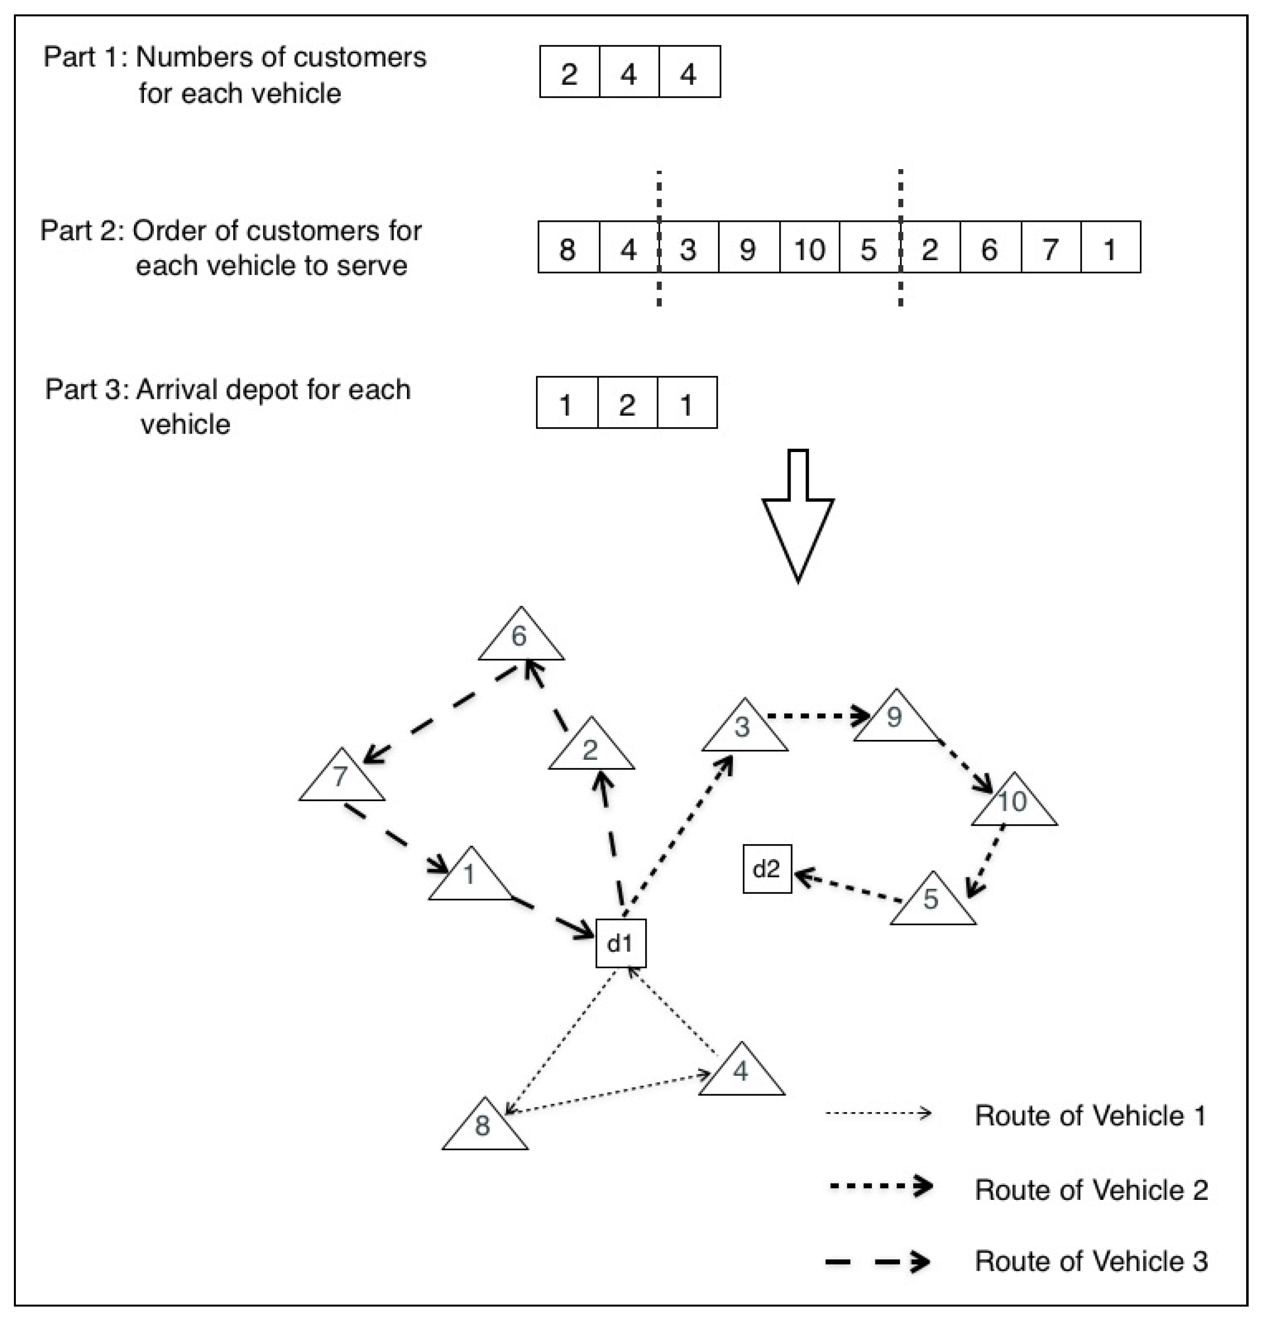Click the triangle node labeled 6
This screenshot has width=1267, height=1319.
tap(520, 638)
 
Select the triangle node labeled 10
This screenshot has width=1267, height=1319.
tap(1014, 803)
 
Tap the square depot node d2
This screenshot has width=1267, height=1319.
tap(767, 869)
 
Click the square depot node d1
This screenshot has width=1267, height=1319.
tap(620, 943)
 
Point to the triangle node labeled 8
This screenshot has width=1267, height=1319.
tap(484, 1128)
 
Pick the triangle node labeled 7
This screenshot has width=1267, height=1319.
tap(341, 779)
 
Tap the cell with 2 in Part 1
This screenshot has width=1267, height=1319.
tap(569, 72)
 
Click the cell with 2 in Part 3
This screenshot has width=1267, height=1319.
tap(627, 402)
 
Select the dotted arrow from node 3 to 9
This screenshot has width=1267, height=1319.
tap(817, 716)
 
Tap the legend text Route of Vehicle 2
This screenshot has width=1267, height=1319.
tap(1091, 1190)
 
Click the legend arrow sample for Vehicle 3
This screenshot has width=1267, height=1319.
tap(878, 1261)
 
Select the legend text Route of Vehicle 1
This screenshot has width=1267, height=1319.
tap(1090, 1115)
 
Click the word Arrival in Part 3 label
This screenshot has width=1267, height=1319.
tap(174, 390)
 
